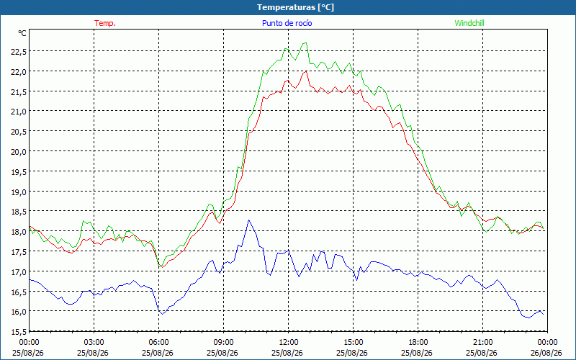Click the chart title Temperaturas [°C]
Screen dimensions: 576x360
(295, 7)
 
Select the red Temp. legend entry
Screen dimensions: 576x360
(105, 23)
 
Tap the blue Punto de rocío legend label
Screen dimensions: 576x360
(287, 23)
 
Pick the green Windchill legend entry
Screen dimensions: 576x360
(469, 23)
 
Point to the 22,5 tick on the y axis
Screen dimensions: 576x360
(19, 52)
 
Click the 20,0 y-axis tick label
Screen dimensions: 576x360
(19, 152)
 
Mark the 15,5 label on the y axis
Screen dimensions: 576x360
(19, 332)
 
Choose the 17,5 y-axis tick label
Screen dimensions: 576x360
(19, 252)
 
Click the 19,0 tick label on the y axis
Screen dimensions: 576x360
(19, 192)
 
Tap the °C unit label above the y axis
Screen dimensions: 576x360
(22, 33)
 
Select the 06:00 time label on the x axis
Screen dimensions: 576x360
(158, 343)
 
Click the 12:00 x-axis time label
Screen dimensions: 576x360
(289, 343)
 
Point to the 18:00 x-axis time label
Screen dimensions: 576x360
(418, 343)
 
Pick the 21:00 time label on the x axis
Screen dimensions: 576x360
(482, 343)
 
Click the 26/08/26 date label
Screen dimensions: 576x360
(547, 353)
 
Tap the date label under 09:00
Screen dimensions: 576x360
(223, 353)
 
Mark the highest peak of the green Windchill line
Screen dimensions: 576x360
(305, 42)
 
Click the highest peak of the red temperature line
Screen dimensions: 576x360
(305, 71)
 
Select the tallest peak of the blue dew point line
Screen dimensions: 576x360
(248, 220)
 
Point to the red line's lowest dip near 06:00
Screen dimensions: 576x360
(161, 267)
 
